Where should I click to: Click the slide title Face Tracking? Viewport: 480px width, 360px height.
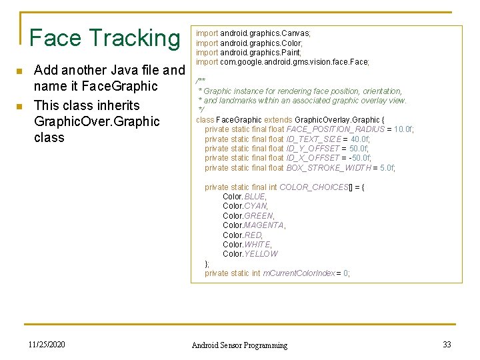105,38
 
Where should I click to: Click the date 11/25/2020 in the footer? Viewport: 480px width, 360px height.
47,344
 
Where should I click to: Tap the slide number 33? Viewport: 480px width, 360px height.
447,344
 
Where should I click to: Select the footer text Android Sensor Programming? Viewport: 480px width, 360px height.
239,345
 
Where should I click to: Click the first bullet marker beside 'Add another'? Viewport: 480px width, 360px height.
21,71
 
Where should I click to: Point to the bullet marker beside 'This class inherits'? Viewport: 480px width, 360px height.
21,106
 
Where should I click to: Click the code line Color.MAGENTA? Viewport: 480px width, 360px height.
254,225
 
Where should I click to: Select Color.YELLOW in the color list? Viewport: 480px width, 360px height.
250,254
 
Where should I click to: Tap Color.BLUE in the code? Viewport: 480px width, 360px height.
244,197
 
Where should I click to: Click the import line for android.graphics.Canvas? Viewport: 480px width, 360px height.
253,33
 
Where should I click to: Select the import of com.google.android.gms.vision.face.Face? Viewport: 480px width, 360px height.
282,62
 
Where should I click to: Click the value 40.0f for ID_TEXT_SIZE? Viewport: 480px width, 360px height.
359,139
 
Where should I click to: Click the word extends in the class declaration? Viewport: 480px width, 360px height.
278,120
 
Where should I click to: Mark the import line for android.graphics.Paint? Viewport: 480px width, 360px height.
248,52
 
